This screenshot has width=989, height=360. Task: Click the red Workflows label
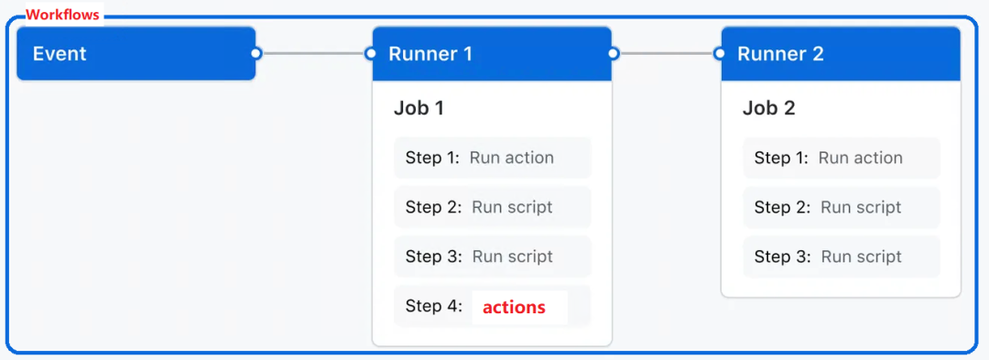coord(62,15)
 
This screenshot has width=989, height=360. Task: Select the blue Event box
coord(136,54)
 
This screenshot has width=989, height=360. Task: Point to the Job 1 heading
coord(418,108)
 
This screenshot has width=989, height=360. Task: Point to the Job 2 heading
coord(768,108)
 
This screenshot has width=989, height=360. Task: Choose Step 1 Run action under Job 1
coord(492,158)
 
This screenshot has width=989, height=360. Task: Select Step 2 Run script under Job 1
coord(492,207)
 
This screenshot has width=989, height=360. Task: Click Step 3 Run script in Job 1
coord(492,256)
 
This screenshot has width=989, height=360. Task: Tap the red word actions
coord(514,307)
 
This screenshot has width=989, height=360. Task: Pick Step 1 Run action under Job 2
coord(841,158)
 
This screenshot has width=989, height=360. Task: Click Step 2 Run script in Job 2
coord(841,207)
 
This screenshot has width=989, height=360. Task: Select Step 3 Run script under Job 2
coord(841,256)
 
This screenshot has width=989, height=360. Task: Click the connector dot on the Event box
coord(256,53)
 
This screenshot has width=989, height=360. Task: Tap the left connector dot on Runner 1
coord(371,53)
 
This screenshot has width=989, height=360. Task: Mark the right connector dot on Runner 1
coord(614,53)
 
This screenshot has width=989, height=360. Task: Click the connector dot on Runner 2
coord(720,53)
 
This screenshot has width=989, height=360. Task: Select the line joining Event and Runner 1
coord(313,53)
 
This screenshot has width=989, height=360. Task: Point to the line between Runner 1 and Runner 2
coord(667,53)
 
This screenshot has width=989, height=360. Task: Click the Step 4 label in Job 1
coord(433,307)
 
